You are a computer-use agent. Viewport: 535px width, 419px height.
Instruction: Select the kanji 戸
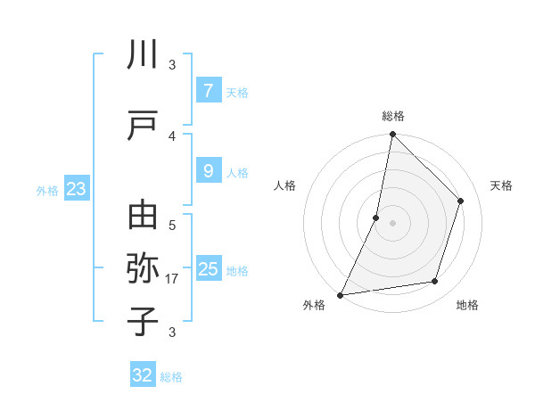tap(144, 126)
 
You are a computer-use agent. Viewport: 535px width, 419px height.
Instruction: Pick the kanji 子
tap(144, 320)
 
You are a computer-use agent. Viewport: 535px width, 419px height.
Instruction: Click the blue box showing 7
tap(208, 91)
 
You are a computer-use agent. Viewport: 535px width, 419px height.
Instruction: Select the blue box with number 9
tap(208, 171)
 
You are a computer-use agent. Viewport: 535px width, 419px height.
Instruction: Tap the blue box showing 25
tap(208, 269)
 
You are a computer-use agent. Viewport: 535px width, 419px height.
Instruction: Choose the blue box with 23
tap(76, 189)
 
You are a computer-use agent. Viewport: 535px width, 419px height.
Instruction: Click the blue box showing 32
tap(143, 375)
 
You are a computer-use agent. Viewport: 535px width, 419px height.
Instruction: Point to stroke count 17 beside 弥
tap(172, 279)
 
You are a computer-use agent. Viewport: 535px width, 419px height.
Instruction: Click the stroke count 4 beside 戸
tap(172, 136)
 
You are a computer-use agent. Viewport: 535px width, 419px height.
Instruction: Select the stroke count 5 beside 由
tap(172, 226)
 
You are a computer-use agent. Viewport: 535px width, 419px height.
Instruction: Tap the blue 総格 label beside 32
tap(171, 377)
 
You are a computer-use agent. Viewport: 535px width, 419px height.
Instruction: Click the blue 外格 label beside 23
tap(47, 190)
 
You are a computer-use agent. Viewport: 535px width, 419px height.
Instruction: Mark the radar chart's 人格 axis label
tap(285, 185)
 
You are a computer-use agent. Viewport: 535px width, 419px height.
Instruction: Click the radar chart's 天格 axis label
tap(501, 185)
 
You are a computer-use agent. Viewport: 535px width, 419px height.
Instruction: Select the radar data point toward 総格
tap(392, 135)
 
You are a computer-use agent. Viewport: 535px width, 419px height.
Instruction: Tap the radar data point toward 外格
tap(340, 294)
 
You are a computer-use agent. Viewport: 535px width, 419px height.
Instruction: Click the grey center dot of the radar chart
tap(392, 223)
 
